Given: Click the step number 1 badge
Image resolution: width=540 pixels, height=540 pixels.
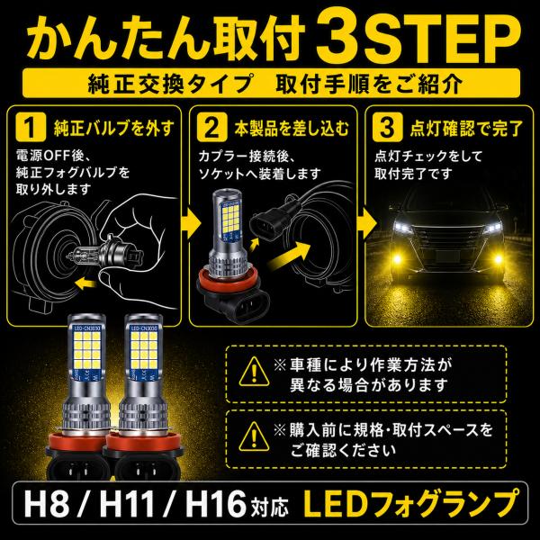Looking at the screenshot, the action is click(31, 127).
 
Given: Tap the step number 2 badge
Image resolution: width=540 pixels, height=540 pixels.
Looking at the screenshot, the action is click(212, 127).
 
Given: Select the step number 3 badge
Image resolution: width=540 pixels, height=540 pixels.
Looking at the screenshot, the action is click(387, 127).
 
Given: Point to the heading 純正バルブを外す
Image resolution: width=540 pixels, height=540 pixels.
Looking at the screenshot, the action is click(114, 128).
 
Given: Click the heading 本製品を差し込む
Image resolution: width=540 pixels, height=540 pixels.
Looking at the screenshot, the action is click(292, 128).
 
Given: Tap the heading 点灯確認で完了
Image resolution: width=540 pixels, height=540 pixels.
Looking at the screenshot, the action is click(467, 128).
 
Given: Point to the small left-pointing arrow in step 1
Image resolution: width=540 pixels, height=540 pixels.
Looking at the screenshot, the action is click(85, 284).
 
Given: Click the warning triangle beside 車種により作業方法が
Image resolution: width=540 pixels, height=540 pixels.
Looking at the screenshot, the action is click(254, 372).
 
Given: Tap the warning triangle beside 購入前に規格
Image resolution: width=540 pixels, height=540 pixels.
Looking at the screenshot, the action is click(254, 436).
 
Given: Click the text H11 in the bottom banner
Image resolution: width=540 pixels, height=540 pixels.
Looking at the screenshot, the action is click(127, 505).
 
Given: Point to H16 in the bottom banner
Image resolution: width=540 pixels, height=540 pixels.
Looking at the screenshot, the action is click(215, 505).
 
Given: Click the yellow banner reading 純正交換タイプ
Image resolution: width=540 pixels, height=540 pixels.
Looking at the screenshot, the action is click(272, 83).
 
